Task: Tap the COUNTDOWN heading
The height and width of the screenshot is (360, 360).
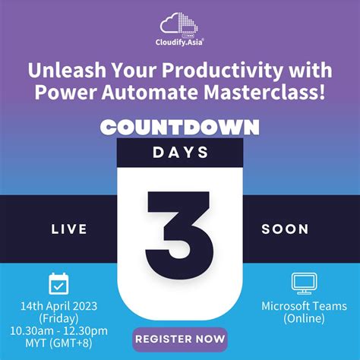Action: (x=180, y=126)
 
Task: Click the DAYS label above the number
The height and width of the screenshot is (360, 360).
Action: (x=180, y=152)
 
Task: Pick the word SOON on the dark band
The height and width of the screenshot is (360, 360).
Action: (x=285, y=229)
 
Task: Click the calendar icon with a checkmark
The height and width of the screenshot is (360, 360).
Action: (x=59, y=283)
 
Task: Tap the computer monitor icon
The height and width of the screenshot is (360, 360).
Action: (x=303, y=283)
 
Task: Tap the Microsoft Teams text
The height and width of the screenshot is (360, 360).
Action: (x=303, y=305)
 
